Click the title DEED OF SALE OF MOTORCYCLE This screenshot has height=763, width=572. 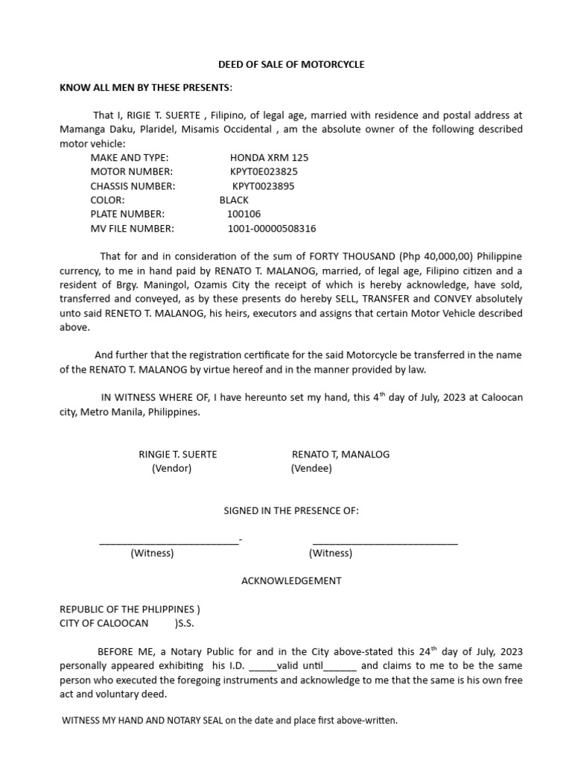[x=290, y=64]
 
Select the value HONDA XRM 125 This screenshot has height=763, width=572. [x=269, y=158]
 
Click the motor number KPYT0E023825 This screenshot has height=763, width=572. [x=264, y=172]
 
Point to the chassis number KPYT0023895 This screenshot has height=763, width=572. [x=263, y=186]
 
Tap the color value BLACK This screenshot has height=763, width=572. [x=234, y=200]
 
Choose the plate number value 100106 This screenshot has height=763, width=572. [x=244, y=215]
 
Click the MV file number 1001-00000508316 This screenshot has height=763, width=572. [x=271, y=229]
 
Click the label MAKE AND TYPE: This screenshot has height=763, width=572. [x=130, y=158]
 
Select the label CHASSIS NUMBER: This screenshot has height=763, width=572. [x=133, y=186]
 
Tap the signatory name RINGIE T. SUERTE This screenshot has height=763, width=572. [x=178, y=455]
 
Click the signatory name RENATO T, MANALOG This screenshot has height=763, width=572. [x=340, y=455]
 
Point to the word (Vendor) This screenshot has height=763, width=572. [x=172, y=469]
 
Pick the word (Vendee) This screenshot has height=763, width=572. [x=311, y=469]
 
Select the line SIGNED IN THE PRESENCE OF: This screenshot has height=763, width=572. [x=291, y=511]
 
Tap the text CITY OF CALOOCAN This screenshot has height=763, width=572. [x=104, y=623]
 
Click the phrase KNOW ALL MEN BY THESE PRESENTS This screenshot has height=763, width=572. [x=145, y=88]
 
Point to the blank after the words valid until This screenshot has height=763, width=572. [x=341, y=667]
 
